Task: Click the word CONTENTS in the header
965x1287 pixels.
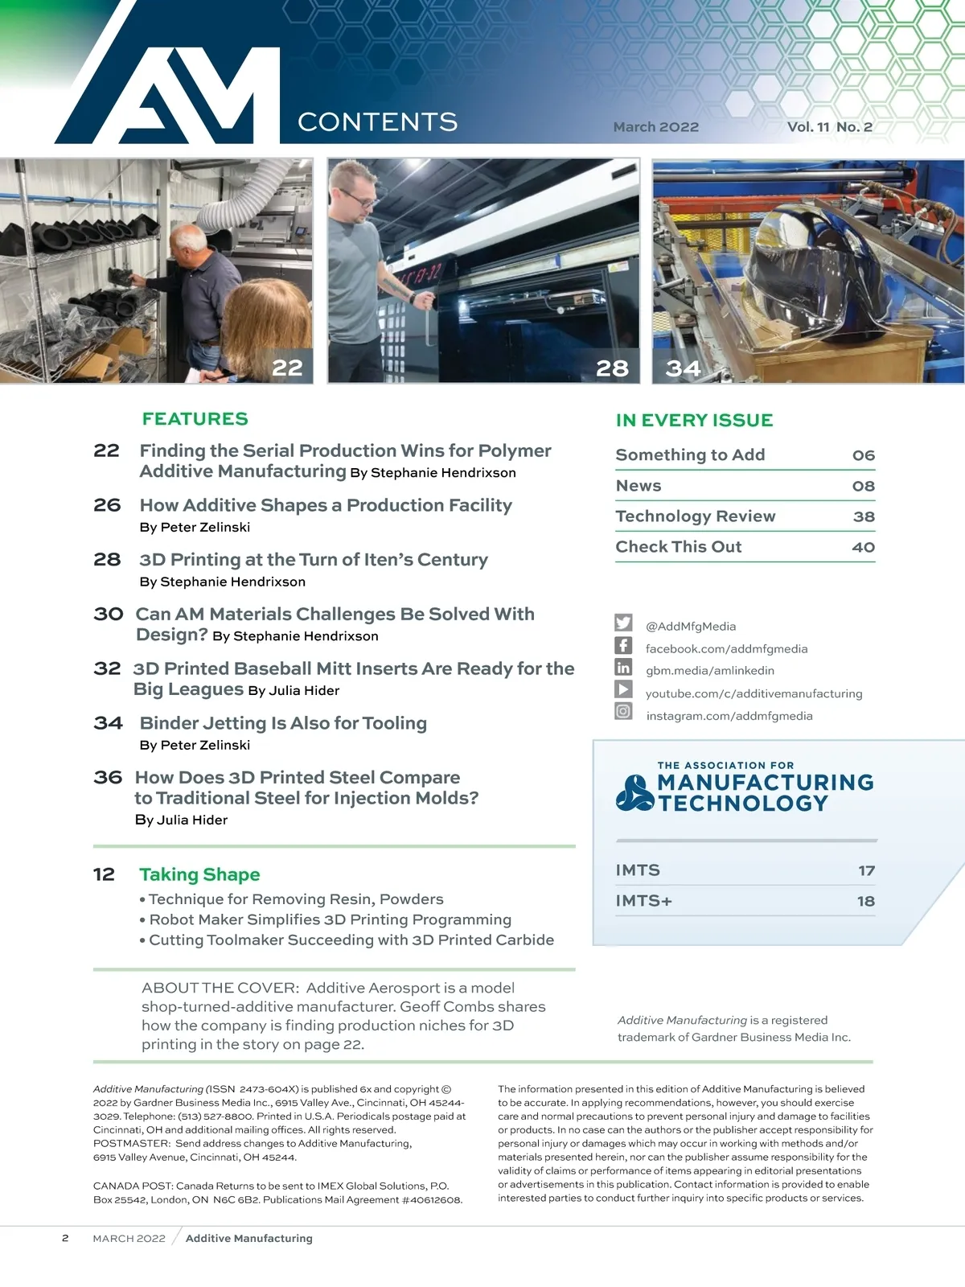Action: pos(377,121)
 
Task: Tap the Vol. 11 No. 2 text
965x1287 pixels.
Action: pos(829,126)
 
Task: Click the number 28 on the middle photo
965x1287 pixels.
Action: pos(612,368)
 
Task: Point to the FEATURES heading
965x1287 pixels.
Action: pos(195,418)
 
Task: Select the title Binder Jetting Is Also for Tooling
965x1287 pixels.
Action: pos(283,722)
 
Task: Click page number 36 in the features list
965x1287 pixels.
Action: pos(108,777)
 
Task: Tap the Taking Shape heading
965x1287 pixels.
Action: pos(199,874)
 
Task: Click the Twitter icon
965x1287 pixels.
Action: pos(623,623)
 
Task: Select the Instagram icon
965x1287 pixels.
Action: pos(623,711)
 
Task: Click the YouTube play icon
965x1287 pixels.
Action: pos(623,689)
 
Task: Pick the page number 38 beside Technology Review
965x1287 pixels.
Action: pos(864,516)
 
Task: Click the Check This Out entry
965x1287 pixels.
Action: pos(679,546)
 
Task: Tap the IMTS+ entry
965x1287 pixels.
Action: pos(643,900)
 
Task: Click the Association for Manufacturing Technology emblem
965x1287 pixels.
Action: pos(634,792)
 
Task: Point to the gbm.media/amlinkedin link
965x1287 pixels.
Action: pos(710,670)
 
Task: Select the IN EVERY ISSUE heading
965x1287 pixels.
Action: pos(694,420)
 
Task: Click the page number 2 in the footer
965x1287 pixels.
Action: pos(65,1238)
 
